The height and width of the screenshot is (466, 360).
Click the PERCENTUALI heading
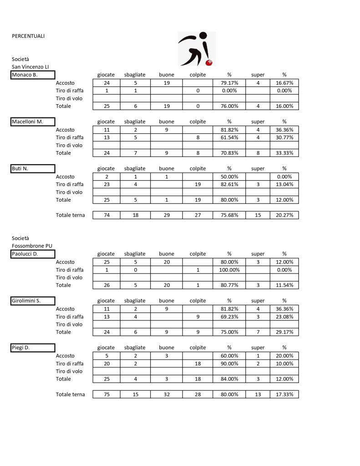point(28,36)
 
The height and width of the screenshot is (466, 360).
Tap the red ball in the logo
point(210,62)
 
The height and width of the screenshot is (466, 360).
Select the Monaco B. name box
point(33,75)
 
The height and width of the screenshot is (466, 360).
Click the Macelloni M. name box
point(33,122)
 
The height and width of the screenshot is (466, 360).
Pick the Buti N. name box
point(33,169)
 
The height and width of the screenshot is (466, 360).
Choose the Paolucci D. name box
point(33,254)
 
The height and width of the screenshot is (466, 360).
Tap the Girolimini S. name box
point(33,301)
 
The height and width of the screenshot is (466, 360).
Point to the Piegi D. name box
point(33,348)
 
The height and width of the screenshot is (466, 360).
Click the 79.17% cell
point(229,83)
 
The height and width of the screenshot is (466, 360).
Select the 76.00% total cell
point(229,106)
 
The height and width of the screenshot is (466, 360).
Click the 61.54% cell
point(229,137)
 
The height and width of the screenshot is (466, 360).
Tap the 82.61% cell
point(229,184)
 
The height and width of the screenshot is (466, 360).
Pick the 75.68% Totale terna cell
point(229,215)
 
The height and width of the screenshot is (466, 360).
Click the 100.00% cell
point(229,270)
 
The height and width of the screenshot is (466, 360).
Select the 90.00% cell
point(229,364)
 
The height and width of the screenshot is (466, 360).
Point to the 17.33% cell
point(284,395)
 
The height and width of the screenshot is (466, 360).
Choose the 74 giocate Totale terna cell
point(106,215)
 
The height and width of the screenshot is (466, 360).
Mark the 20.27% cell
point(284,215)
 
